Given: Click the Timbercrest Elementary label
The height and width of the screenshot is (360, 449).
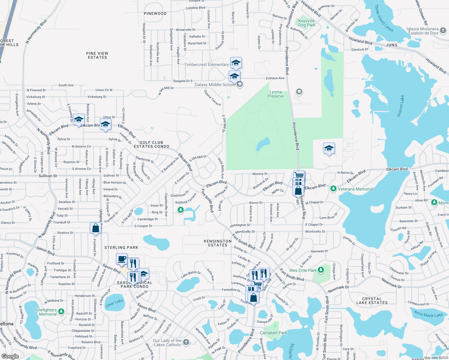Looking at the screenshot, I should [206, 65].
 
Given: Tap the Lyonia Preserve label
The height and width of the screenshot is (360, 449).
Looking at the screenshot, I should [276, 94].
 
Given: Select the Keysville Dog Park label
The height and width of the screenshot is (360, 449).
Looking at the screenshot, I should [307, 23].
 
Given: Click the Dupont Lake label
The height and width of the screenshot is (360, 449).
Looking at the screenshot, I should [401, 106].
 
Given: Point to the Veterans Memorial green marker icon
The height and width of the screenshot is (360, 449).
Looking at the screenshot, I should [333, 189].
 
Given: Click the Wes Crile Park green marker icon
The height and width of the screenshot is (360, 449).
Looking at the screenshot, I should [321, 270].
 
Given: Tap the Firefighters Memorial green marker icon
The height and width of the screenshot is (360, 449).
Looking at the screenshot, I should [61, 311].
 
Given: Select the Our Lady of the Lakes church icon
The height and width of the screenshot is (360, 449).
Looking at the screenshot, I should [186, 342].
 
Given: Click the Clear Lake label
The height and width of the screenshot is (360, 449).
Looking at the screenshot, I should [114, 303].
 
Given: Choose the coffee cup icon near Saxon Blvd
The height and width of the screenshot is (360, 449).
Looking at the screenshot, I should [122, 259].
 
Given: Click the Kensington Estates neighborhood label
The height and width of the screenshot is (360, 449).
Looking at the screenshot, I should [218, 243].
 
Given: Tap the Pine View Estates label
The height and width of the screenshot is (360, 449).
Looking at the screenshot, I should [97, 55].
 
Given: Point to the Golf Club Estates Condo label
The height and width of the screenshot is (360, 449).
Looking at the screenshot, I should [152, 145].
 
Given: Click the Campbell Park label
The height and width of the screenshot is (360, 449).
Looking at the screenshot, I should [273, 333].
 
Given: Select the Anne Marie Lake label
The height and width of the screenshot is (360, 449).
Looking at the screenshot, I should [428, 314].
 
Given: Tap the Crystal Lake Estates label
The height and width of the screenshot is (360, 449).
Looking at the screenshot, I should [372, 301].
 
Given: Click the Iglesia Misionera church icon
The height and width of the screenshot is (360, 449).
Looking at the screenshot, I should [443, 30].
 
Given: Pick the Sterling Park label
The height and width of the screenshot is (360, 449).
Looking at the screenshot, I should [121, 247].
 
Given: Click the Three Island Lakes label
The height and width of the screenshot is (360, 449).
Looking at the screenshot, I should [384, 18].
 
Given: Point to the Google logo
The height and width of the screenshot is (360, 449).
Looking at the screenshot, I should [10, 356].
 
